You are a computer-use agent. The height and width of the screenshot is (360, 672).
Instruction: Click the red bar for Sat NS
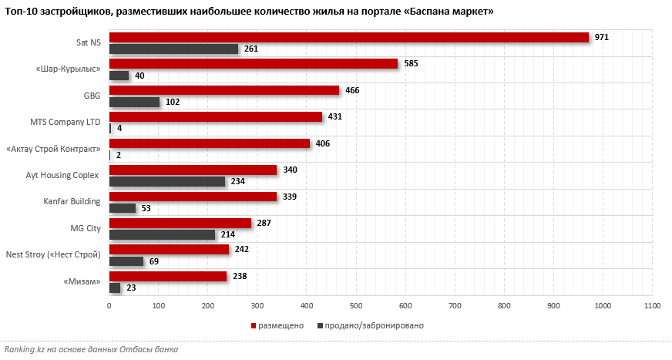(348, 37)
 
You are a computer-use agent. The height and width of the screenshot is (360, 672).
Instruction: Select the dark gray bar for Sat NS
(173, 49)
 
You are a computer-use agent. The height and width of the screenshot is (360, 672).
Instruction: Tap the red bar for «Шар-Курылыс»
(253, 63)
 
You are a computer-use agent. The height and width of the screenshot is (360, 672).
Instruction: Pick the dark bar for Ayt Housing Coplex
(167, 181)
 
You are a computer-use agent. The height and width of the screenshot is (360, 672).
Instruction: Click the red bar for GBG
(223, 90)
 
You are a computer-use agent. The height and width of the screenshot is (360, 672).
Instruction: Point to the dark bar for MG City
(162, 234)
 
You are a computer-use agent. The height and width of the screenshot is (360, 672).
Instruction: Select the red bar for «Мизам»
(167, 276)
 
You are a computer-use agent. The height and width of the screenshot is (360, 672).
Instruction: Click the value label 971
(603, 37)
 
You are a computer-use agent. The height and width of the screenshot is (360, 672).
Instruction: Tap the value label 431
(334, 116)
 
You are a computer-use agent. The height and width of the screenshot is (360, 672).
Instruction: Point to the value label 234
(238, 181)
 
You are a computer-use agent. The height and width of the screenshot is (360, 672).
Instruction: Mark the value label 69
(154, 261)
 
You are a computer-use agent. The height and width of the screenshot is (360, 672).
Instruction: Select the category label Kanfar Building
(72, 202)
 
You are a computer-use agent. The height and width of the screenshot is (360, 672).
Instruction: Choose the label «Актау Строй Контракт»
(53, 149)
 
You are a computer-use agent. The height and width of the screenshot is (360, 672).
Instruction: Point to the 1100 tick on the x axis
(652, 307)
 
